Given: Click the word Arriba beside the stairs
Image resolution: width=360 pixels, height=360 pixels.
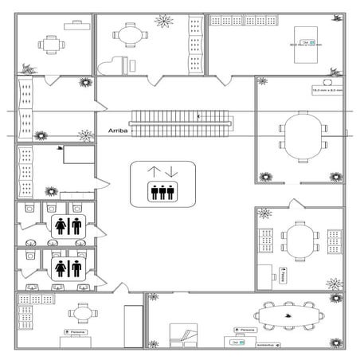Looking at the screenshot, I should click(x=117, y=128).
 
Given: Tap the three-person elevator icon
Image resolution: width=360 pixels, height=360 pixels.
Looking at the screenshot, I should click(x=162, y=191).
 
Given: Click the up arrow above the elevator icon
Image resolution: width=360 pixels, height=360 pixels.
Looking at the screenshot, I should click(x=155, y=171).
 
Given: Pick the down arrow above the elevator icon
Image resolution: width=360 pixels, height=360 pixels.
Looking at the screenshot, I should click(x=171, y=171).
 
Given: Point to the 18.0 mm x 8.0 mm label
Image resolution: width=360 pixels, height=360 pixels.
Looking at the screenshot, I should click(x=327, y=91).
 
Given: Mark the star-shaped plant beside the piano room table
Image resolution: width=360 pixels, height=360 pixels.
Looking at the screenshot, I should click(x=164, y=22).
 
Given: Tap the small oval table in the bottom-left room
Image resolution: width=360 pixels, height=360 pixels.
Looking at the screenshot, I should click(x=80, y=312).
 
